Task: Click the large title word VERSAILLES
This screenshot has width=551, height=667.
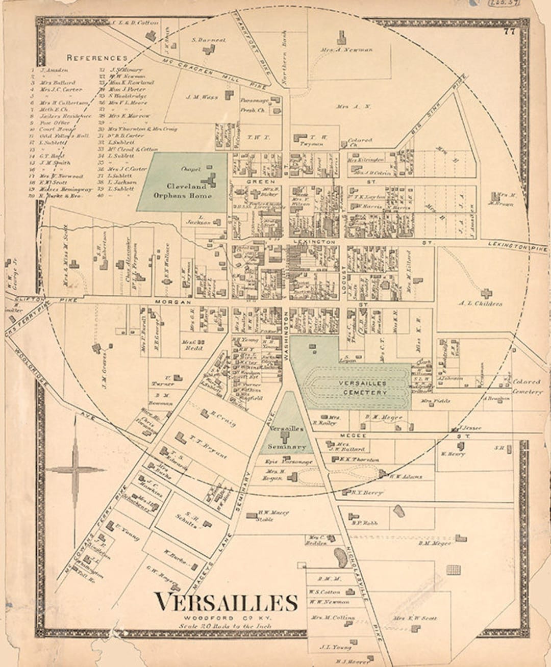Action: pyautogui.click(x=226, y=602)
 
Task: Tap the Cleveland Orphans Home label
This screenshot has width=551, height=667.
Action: pyautogui.click(x=182, y=191)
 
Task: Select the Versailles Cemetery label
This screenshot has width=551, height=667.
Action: pyautogui.click(x=364, y=388)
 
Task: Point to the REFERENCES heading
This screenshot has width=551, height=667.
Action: pyautogui.click(x=96, y=58)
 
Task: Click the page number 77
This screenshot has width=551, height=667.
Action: pyautogui.click(x=509, y=32)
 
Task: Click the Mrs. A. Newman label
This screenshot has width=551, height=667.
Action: pyautogui.click(x=354, y=50)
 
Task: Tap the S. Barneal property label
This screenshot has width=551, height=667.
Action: pyautogui.click(x=208, y=40)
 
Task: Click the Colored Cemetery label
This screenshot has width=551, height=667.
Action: pyautogui.click(x=527, y=387)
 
